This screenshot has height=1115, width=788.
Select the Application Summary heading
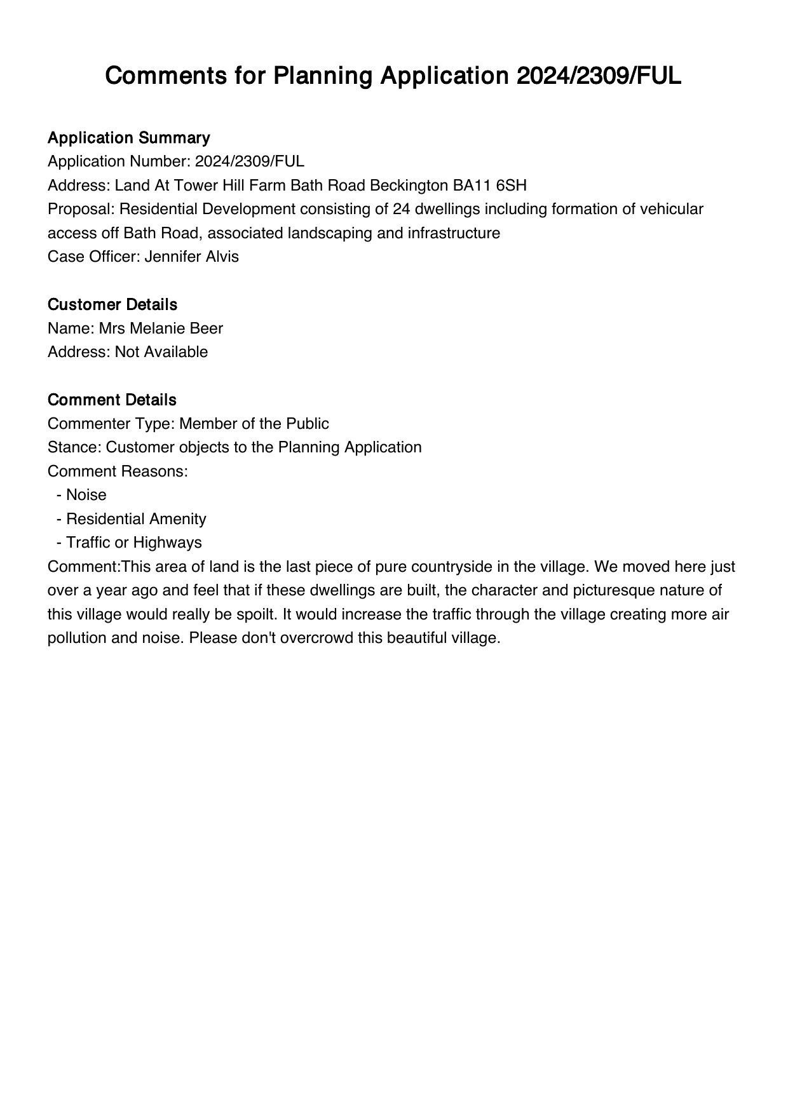click(128, 138)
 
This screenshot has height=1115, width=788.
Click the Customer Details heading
click(112, 304)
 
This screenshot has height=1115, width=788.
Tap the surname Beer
click(207, 328)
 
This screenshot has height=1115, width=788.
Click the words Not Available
click(161, 352)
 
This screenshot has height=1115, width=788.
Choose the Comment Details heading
click(112, 400)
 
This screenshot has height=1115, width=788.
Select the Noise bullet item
click(86, 495)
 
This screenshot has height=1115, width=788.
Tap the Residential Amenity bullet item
click(136, 519)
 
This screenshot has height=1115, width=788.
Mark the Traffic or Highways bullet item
click(133, 543)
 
